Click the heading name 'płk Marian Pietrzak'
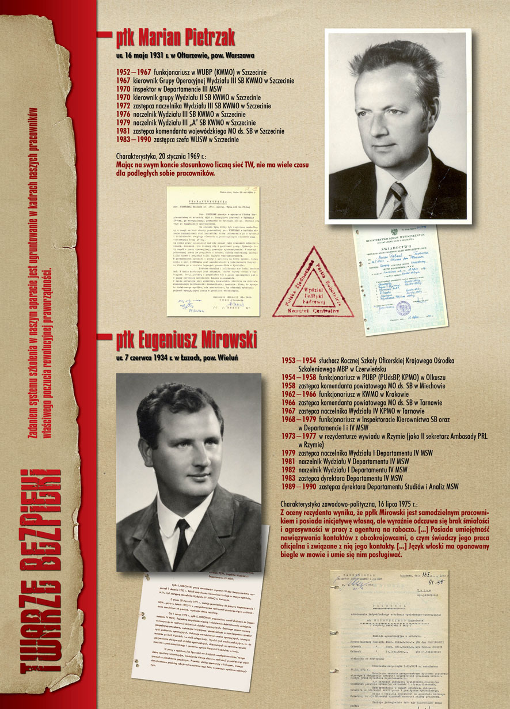(175, 39)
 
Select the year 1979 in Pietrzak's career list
(124, 123)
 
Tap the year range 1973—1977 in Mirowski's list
(297, 437)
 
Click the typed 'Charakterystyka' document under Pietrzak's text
(213, 251)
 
